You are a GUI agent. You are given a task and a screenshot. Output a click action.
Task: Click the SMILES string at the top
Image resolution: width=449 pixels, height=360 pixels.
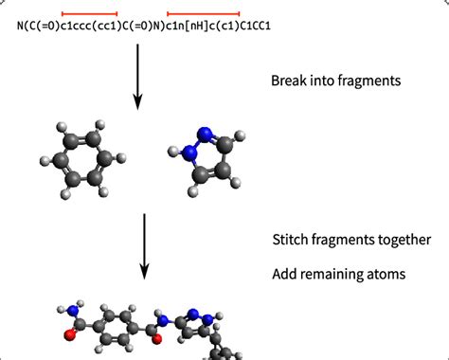143,27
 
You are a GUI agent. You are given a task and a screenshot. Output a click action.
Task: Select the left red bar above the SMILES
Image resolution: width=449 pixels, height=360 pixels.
89,14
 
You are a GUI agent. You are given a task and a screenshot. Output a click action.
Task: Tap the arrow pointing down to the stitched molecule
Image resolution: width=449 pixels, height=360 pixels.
145,245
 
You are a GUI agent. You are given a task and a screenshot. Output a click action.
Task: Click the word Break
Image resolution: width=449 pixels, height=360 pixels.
289,81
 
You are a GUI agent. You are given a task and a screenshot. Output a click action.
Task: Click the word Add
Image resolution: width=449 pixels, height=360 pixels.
285,274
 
